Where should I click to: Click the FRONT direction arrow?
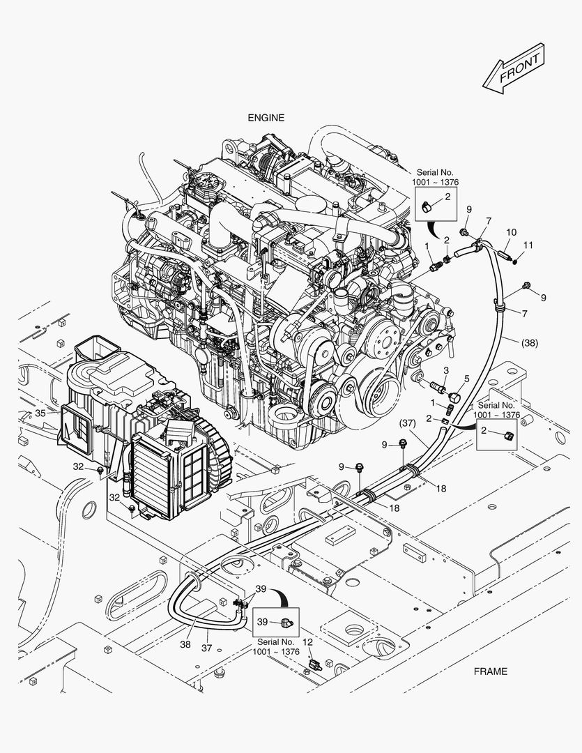pos(514,68)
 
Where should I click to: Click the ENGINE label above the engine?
pos(266,118)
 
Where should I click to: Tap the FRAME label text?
pos(490,671)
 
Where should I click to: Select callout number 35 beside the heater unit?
pos(40,413)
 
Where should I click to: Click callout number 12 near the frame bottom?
pos(308,642)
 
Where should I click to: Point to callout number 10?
pos(511,232)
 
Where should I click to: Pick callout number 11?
pos(528,245)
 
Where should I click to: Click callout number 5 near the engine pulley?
pos(467,379)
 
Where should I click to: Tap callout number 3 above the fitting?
pos(446,370)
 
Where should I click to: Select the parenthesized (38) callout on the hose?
pos(529,343)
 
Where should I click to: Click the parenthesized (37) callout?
pos(407,423)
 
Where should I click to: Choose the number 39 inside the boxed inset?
pos(262,622)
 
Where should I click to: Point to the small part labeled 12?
pos(314,666)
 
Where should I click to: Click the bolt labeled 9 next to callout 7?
pos(464,233)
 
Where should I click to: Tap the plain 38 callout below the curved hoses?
pos(185,644)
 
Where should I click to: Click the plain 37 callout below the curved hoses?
pos(206,648)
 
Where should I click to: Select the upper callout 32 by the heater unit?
pos(79,466)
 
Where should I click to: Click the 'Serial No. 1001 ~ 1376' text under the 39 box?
pos(275,647)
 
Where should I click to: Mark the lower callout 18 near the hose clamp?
pos(394,508)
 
